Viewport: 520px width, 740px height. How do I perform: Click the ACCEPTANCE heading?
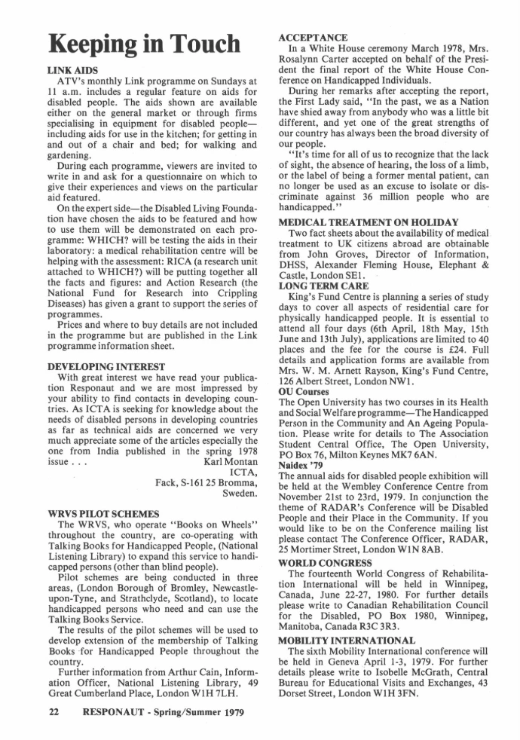(x=313, y=38)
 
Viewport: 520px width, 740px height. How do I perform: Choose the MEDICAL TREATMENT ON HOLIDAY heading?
(x=369, y=222)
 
